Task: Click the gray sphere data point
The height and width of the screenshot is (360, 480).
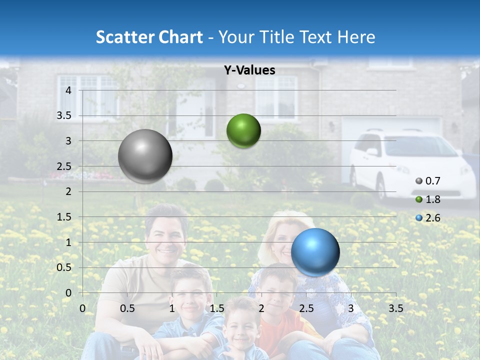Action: pos(145,156)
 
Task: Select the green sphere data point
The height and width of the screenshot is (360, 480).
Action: pos(243,130)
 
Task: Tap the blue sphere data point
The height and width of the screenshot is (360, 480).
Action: pos(315,251)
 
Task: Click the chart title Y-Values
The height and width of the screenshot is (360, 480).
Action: pos(249,70)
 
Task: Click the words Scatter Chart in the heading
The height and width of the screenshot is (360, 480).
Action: pos(149,37)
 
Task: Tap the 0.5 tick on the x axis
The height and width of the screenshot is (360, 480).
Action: pos(127,308)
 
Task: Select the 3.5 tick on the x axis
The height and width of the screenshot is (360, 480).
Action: pos(395,308)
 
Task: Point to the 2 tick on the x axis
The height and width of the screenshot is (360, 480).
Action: pos(261,308)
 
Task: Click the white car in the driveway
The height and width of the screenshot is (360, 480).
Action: pos(410,162)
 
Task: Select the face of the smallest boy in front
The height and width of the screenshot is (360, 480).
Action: pos(242,330)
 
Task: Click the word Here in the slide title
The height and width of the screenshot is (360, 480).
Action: pos(356,37)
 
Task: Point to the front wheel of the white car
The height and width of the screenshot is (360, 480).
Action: pos(381,187)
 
